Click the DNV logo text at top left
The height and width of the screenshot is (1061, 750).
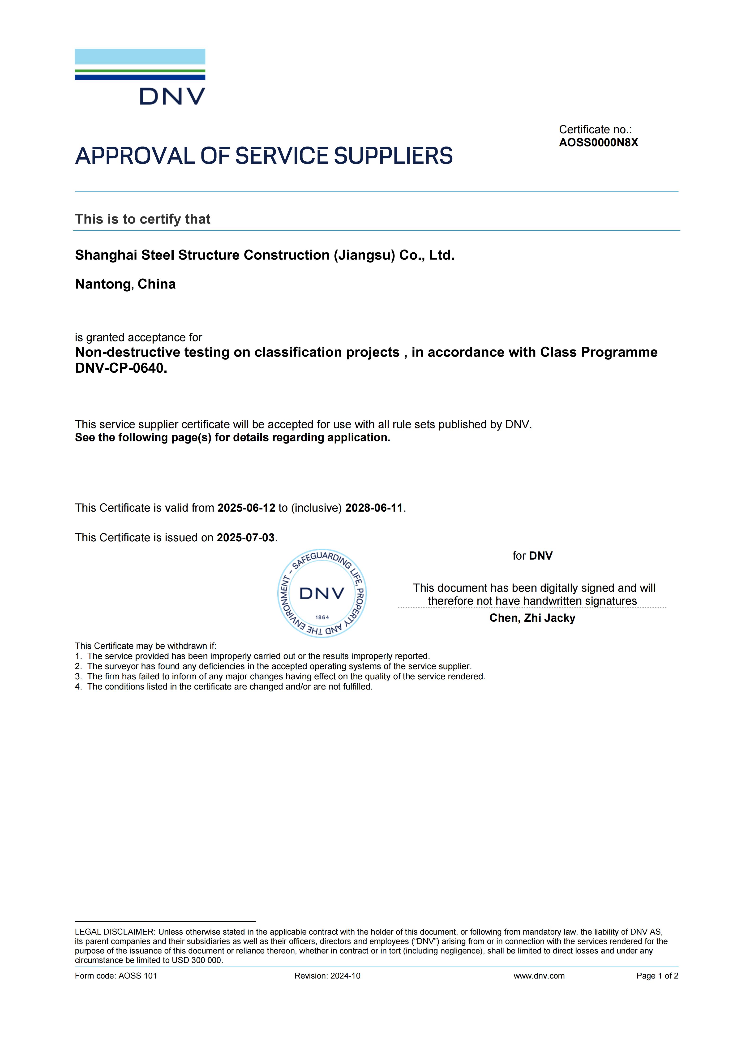[172, 97]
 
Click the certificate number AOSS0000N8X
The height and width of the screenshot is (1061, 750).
[599, 143]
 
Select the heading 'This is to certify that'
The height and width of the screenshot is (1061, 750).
[143, 219]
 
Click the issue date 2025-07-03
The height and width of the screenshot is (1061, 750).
[246, 538]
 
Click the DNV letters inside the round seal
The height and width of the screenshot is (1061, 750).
[322, 593]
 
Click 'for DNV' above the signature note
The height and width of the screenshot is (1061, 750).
[532, 556]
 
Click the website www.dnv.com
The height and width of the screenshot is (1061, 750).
[539, 976]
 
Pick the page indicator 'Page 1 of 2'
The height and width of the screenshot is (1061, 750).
[657, 976]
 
